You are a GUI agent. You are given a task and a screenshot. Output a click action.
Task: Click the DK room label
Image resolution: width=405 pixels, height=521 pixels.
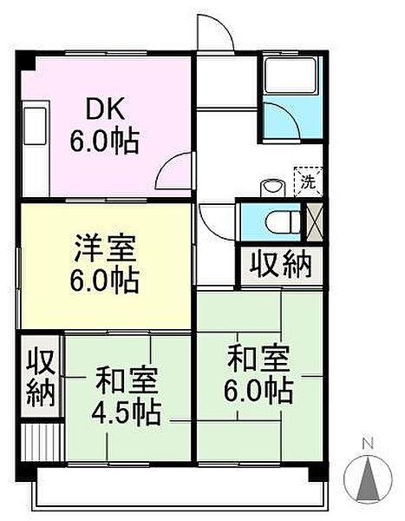pyautogui.click(x=105, y=109)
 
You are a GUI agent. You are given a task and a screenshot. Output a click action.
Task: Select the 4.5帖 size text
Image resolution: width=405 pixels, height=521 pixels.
pyautogui.click(x=126, y=413)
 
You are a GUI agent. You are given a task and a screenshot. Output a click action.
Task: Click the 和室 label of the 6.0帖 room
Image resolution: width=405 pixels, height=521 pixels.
pyautogui.click(x=259, y=359)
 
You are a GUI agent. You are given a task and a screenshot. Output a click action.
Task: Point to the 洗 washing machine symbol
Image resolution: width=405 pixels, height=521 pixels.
pyautogui.click(x=309, y=181)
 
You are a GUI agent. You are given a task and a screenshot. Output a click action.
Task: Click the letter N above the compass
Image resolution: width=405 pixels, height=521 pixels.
pyautogui.click(x=368, y=443)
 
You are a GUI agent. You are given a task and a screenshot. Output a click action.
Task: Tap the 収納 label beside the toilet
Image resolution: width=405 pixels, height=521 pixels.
pyautogui.click(x=281, y=266)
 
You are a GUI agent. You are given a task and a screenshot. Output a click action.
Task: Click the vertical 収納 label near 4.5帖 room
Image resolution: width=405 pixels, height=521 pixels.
pyautogui.click(x=41, y=377)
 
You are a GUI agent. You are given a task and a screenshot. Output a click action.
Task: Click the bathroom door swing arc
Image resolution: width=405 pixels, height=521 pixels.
pyautogui.click(x=288, y=112)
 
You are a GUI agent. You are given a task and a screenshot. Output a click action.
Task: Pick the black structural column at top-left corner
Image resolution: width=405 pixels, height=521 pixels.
pyautogui.click(x=26, y=61)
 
